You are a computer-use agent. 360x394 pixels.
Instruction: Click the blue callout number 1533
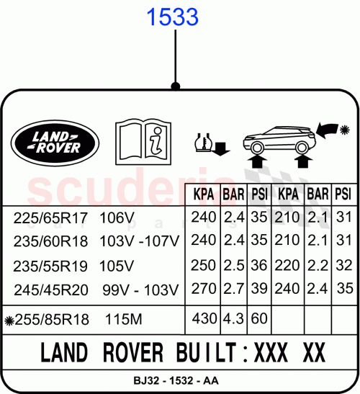point(174,17)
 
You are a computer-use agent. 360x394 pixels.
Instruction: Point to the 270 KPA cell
point(204,289)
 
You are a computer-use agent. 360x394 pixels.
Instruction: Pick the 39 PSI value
point(259,289)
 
